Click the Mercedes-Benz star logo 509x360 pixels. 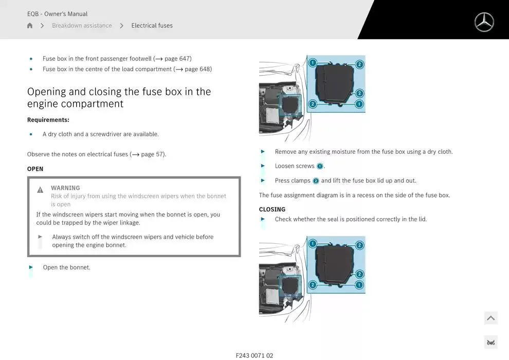[x=484, y=22]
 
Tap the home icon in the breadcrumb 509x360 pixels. [x=30, y=25]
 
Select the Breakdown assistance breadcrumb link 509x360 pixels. [x=82, y=25]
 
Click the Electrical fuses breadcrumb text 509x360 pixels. [x=152, y=25]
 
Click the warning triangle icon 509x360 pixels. [x=40, y=190]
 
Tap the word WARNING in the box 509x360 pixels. [x=65, y=188]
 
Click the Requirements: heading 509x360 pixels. [x=48, y=120]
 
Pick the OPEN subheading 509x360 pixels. [x=35, y=169]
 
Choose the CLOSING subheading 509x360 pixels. [x=272, y=209]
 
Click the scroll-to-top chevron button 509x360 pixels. [x=490, y=318]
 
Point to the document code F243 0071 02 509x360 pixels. [x=254, y=355]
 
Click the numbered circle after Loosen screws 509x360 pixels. [x=320, y=166]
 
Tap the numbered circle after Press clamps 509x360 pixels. [x=316, y=181]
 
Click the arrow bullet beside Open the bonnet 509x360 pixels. [x=31, y=267]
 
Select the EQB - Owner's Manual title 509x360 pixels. [x=57, y=14]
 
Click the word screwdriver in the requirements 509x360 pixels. [x=105, y=134]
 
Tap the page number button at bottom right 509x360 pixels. [x=490, y=343]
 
